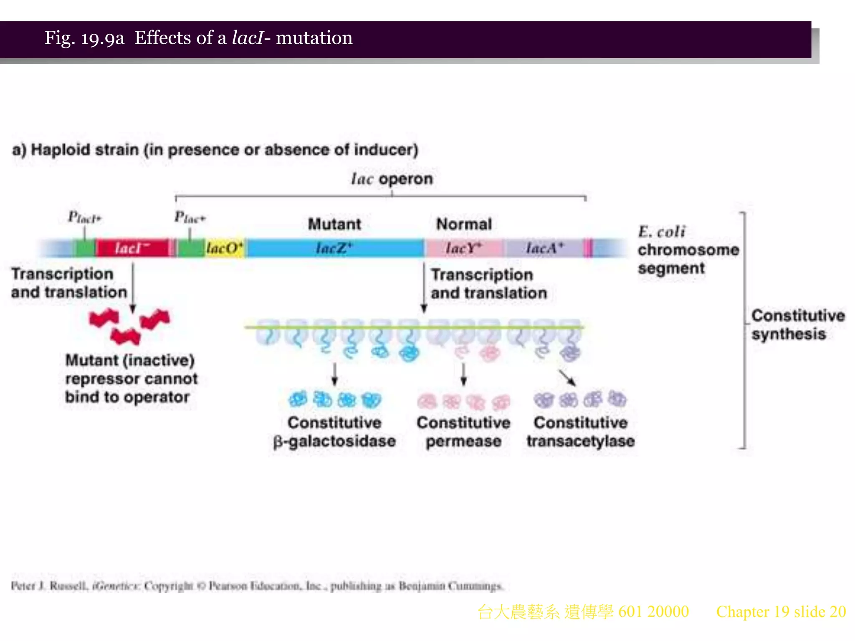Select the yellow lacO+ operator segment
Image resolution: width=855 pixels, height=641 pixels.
point(225,248)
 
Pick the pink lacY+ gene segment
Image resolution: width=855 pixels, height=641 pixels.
point(463,248)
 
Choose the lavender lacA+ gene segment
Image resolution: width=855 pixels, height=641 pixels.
point(545,248)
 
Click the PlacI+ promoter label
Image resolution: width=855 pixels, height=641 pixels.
point(85,217)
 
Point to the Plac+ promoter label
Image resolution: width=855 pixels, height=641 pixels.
point(190,217)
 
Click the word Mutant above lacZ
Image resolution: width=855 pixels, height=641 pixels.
point(334,224)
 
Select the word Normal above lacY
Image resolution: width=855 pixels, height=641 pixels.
point(464,224)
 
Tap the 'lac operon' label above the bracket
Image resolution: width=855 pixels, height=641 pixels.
point(392,179)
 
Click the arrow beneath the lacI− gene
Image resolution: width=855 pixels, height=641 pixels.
point(133,288)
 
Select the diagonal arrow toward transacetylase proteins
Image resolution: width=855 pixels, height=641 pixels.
point(567,377)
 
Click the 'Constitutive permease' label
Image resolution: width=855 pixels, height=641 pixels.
point(463,432)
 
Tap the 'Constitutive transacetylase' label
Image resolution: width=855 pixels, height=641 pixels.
point(580,432)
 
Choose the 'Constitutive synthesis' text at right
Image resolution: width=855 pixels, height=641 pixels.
point(797,325)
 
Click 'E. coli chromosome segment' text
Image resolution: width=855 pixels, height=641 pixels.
point(688,250)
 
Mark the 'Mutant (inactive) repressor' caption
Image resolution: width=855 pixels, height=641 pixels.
point(131,379)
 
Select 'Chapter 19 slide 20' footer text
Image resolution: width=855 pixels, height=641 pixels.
point(781,612)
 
